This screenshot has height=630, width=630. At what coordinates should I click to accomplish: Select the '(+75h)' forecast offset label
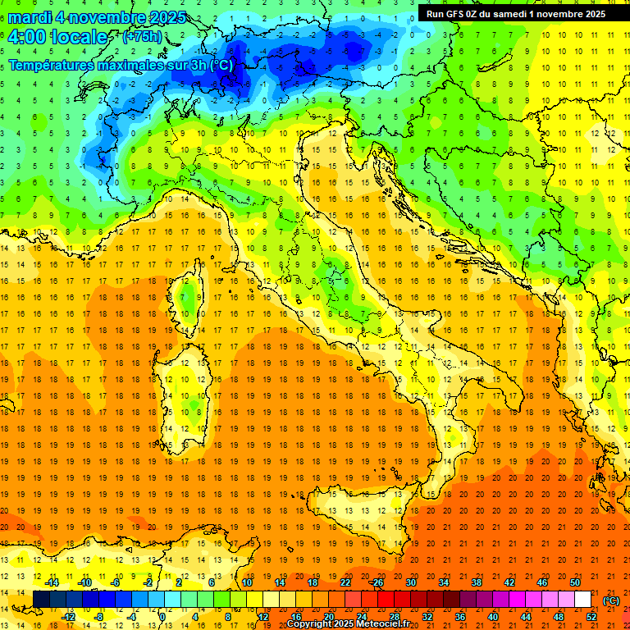click(142, 37)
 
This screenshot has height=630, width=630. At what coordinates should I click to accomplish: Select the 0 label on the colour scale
click(162, 617)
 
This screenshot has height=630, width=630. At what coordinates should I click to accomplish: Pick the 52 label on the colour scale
click(591, 617)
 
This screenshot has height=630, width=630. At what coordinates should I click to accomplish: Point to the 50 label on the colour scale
click(574, 582)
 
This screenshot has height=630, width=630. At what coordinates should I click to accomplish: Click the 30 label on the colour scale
click(410, 582)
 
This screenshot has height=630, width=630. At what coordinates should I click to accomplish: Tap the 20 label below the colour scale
click(328, 617)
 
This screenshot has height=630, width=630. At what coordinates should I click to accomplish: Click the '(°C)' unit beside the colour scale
click(611, 600)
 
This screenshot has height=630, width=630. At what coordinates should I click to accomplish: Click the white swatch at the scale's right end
click(582, 600)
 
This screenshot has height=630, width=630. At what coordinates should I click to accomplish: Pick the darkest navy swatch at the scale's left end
click(41, 600)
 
